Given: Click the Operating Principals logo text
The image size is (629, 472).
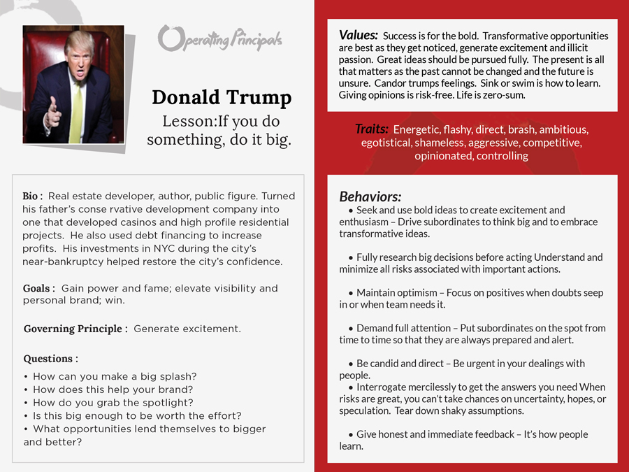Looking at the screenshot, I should pos(219,38).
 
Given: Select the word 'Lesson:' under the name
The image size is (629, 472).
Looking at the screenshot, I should pos(189,121).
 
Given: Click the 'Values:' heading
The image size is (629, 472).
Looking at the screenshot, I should pos(359,36).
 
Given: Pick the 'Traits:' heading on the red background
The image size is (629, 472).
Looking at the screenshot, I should pos(371,129).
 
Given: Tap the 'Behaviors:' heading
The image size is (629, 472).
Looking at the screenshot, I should pos(370,196).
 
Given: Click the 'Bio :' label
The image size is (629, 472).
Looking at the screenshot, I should pos(33,196).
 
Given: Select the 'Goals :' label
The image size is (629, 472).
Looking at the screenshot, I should pos(39,288).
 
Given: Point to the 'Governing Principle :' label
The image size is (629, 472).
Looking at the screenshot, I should pos(75,329).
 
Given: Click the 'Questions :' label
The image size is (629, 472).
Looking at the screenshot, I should pos(50,359).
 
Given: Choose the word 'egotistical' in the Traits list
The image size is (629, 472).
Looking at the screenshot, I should pos(386,143).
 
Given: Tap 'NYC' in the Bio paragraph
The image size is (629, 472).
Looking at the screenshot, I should pos(162,249).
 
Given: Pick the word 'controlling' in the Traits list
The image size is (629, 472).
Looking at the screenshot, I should pos(502,156).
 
